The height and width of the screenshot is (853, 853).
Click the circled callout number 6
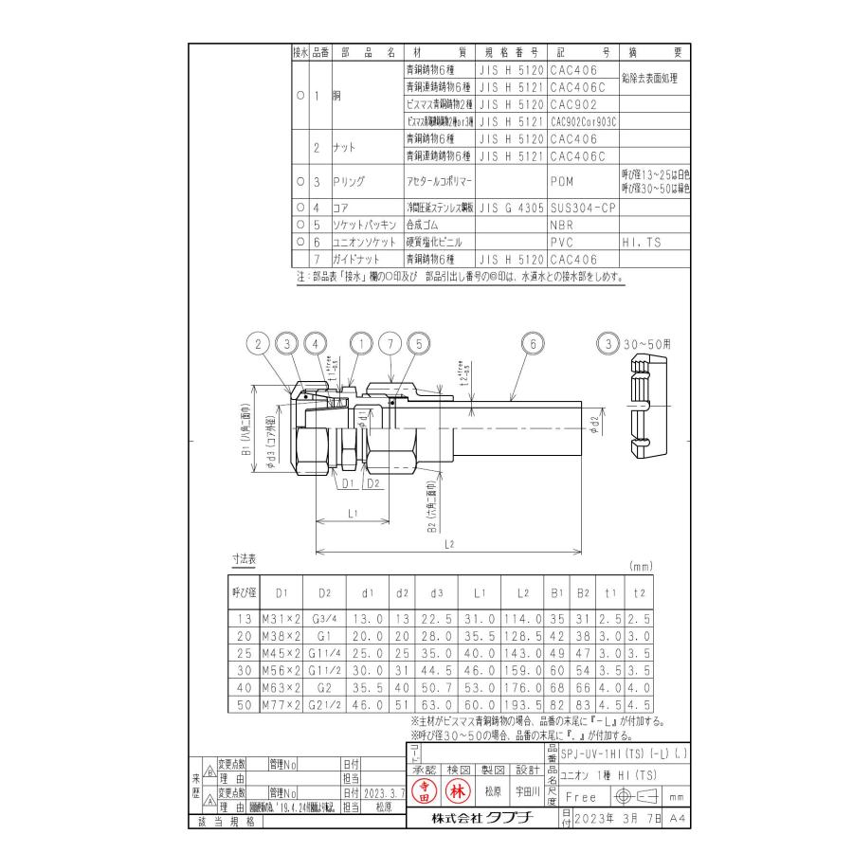[x=534, y=344]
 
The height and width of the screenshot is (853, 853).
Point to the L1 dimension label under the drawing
[x=353, y=512]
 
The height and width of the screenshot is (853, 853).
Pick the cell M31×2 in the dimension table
[x=280, y=617]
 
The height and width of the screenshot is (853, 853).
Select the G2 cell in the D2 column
[x=324, y=689]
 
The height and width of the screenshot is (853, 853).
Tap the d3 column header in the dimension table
[x=436, y=593]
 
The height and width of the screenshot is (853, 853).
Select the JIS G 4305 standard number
[x=512, y=207]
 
